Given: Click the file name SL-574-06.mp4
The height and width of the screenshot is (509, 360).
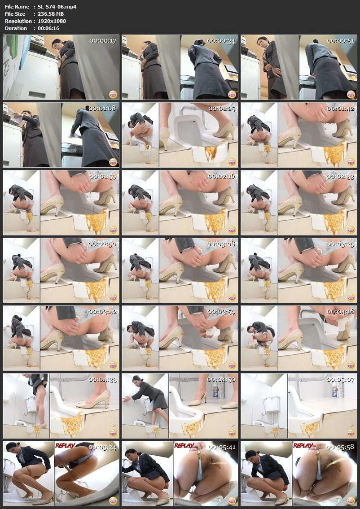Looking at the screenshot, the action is pyautogui.click(x=57, y=6).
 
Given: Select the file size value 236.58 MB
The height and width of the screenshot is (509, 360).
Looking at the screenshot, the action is pyautogui.click(x=51, y=13).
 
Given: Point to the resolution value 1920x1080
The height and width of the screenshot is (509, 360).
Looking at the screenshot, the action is pyautogui.click(x=52, y=21).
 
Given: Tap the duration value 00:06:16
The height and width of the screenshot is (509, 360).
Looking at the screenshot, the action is pyautogui.click(x=48, y=28).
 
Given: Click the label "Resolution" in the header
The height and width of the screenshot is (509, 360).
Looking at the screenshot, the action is pyautogui.click(x=18, y=21).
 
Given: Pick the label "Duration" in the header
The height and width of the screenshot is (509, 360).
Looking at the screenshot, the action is pyautogui.click(x=16, y=28).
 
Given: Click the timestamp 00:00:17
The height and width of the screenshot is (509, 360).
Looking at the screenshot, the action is pyautogui.click(x=103, y=41).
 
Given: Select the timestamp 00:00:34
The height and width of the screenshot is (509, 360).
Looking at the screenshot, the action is pyautogui.click(x=222, y=41).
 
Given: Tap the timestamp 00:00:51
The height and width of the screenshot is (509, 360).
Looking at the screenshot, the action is pyautogui.click(x=341, y=41).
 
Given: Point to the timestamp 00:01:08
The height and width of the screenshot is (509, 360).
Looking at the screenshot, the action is pyautogui.click(x=103, y=109).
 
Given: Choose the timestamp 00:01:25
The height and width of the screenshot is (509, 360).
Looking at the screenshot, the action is pyautogui.click(x=222, y=109).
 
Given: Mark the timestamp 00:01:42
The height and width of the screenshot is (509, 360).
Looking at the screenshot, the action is pyautogui.click(x=341, y=109).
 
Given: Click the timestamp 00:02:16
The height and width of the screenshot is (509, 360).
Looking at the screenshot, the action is pyautogui.click(x=222, y=176).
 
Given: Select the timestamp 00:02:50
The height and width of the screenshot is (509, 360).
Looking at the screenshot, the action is pyautogui.click(x=103, y=244).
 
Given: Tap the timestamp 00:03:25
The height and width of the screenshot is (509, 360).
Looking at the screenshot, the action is pyautogui.click(x=341, y=244).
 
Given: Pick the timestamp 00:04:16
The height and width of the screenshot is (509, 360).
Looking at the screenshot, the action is pyautogui.click(x=341, y=312).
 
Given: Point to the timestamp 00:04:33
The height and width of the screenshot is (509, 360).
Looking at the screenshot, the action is pyautogui.click(x=103, y=379).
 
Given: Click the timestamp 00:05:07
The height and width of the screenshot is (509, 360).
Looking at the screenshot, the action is pyautogui.click(x=341, y=379).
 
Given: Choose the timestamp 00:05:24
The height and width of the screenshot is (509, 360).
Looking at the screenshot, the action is pyautogui.click(x=103, y=447).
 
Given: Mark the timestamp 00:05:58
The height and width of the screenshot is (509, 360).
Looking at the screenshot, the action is pyautogui.click(x=341, y=447).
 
